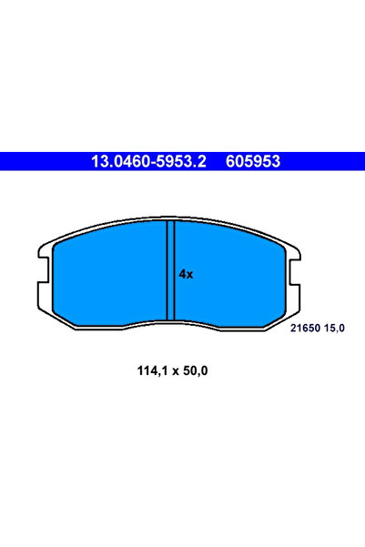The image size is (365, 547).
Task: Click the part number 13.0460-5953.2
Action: tap(147, 162)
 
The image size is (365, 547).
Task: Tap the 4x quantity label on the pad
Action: tap(186, 273)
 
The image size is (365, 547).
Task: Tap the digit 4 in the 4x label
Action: tap(182, 273)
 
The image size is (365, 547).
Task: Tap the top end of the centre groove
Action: tap(168, 224)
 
